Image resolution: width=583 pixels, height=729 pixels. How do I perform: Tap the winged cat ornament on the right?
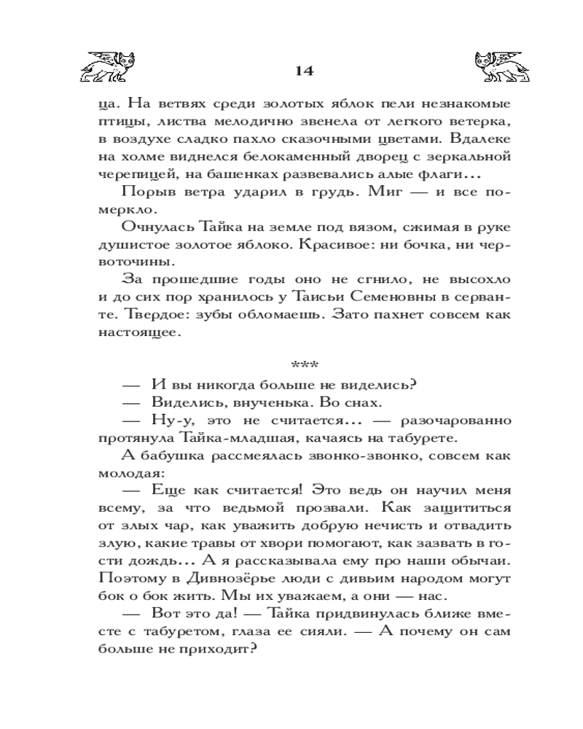pos(498,66)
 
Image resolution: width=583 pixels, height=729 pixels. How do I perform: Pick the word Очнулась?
pos(157,227)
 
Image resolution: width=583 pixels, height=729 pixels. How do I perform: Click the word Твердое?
pos(126,316)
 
